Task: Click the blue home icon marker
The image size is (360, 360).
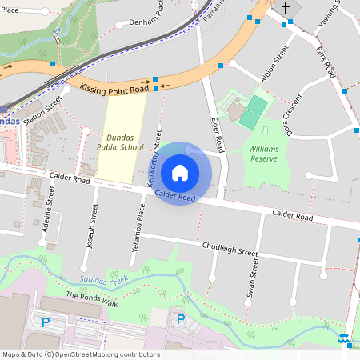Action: point(180,172)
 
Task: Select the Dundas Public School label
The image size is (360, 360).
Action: point(119,142)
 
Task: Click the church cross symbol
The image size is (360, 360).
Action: point(285,8)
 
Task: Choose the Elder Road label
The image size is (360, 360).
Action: point(215,131)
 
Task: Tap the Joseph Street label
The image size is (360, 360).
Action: point(93,225)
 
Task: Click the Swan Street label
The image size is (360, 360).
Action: point(254,278)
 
